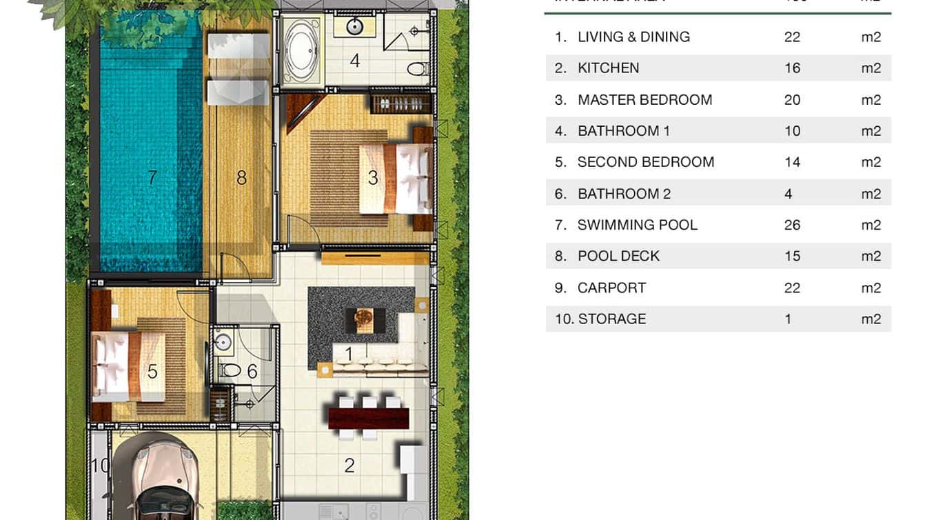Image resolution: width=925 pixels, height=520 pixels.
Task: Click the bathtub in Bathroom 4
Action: tap(301, 50)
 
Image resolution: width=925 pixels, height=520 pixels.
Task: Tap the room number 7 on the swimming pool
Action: tap(152, 178)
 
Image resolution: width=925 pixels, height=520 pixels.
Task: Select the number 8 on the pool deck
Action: tap(241, 178)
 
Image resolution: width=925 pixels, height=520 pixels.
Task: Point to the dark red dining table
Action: tap(369, 418)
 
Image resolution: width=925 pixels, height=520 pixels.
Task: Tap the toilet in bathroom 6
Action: tap(230, 371)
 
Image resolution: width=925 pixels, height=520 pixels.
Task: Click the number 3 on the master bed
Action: tap(373, 178)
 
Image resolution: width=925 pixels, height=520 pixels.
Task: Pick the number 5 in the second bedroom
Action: tap(152, 372)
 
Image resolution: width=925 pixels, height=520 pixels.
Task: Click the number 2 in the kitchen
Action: tap(349, 466)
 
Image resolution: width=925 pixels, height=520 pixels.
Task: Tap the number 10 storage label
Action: tap(100, 466)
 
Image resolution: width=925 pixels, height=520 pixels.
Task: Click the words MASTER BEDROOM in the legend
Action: tap(644, 100)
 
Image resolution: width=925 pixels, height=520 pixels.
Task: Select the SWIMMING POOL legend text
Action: tap(637, 225)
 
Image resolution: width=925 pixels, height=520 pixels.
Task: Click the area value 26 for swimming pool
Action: tap(792, 225)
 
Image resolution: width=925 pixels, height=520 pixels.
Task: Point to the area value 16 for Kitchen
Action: tap(792, 68)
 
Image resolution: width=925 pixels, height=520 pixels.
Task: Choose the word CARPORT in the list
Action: tap(611, 288)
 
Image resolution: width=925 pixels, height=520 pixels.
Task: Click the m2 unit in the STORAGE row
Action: tap(871, 319)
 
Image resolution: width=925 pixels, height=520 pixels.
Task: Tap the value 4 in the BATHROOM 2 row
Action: tap(788, 194)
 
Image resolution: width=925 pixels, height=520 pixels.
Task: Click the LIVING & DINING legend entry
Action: tap(633, 37)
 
